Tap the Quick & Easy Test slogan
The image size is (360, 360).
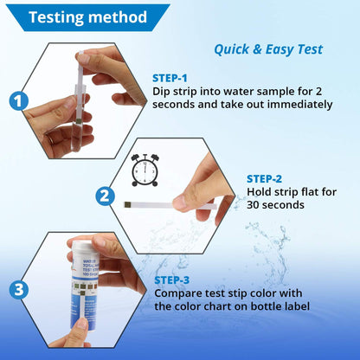pyautogui.click(x=268, y=49)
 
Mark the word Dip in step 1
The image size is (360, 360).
pyautogui.click(x=162, y=90)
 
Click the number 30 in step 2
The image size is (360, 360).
pyautogui.click(x=257, y=205)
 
